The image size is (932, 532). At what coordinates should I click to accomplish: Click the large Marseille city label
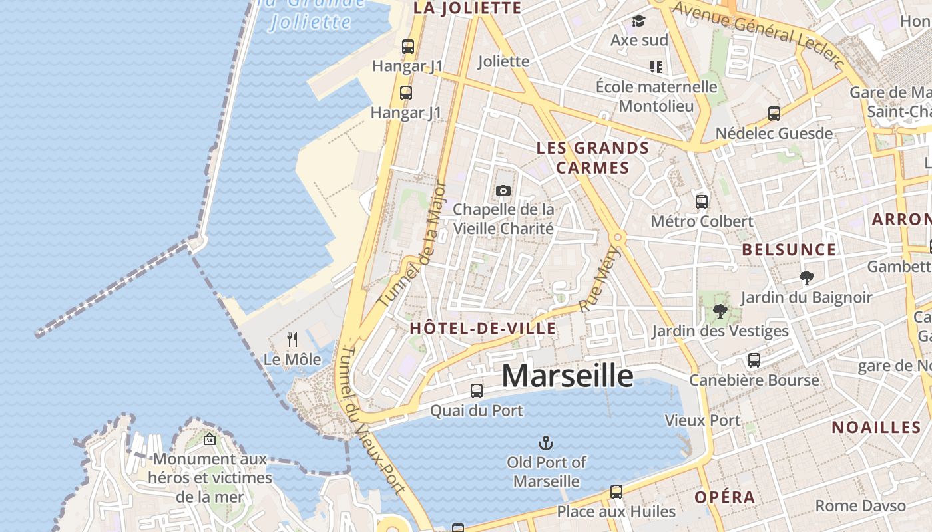pyautogui.click(x=567, y=376)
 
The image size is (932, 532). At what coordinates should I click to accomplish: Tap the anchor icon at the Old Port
pyautogui.click(x=546, y=442)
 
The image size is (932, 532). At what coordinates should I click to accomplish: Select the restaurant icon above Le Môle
pyautogui.click(x=292, y=340)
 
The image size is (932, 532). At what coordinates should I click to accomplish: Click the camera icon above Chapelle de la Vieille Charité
pyautogui.click(x=503, y=191)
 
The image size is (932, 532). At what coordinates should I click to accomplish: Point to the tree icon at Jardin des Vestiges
pyautogui.click(x=720, y=311)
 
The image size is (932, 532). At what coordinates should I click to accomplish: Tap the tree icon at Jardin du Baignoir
pyautogui.click(x=806, y=277)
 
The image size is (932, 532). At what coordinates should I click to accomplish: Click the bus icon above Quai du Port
pyautogui.click(x=477, y=391)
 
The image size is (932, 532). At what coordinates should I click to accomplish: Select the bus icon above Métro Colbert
pyautogui.click(x=702, y=201)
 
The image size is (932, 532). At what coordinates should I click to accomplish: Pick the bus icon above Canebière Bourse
pyautogui.click(x=754, y=360)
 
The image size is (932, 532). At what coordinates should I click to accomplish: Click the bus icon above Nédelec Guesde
pyautogui.click(x=774, y=114)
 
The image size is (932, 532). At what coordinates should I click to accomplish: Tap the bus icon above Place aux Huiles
pyautogui.click(x=616, y=492)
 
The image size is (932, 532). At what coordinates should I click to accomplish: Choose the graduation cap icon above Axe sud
pyautogui.click(x=639, y=21)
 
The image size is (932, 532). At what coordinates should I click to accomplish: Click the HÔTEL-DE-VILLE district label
pyautogui.click(x=483, y=328)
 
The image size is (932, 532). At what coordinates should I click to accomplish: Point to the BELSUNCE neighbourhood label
pyautogui.click(x=789, y=250)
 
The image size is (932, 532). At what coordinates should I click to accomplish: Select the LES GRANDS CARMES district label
pyautogui.click(x=592, y=158)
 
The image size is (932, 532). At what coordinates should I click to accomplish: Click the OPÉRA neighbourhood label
pyautogui.click(x=725, y=497)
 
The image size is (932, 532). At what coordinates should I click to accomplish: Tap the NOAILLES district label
pyautogui.click(x=876, y=428)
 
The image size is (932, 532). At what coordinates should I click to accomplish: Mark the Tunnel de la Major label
pyautogui.click(x=413, y=245)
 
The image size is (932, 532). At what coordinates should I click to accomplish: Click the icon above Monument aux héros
pyautogui.click(x=210, y=439)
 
